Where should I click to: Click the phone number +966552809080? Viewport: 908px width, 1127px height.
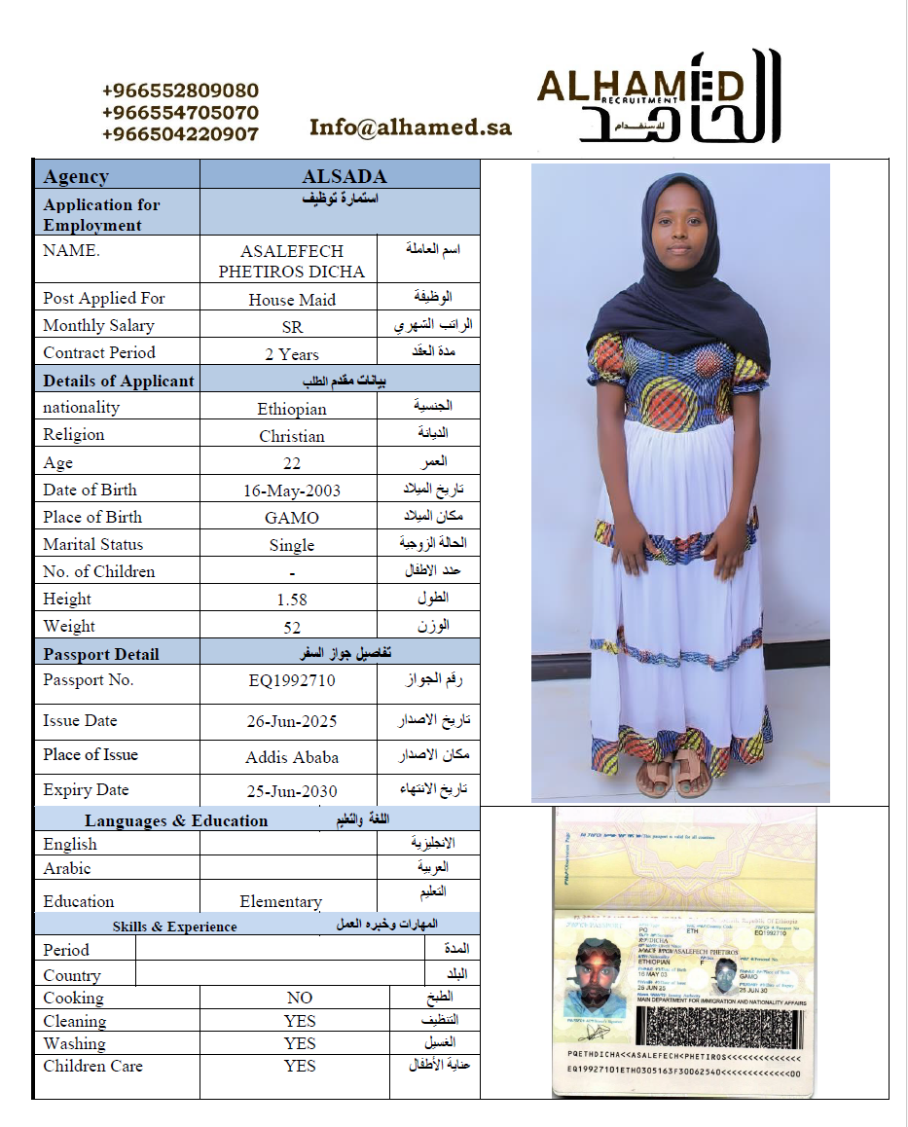pyautogui.click(x=180, y=91)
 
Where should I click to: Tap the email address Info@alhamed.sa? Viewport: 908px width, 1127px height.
pyautogui.click(x=410, y=127)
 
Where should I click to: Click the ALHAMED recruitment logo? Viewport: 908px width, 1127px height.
pyautogui.click(x=659, y=98)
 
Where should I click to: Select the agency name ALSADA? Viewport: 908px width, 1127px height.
pyautogui.click(x=345, y=176)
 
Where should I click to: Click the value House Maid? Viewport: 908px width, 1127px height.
pyautogui.click(x=292, y=300)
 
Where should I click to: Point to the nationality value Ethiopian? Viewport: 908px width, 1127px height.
pyautogui.click(x=292, y=409)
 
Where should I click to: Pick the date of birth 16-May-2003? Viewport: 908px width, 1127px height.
pyautogui.click(x=292, y=491)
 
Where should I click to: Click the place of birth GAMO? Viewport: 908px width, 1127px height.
pyautogui.click(x=292, y=518)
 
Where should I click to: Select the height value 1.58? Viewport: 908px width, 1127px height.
pyautogui.click(x=292, y=600)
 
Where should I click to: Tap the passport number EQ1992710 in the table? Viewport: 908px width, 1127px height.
pyautogui.click(x=292, y=680)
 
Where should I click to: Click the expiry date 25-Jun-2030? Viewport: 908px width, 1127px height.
pyautogui.click(x=292, y=791)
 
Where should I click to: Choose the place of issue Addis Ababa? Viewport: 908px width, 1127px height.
pyautogui.click(x=292, y=757)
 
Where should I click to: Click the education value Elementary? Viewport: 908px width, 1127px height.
pyautogui.click(x=280, y=901)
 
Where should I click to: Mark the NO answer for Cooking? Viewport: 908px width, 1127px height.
pyautogui.click(x=300, y=998)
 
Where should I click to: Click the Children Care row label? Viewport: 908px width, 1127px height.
pyautogui.click(x=92, y=1066)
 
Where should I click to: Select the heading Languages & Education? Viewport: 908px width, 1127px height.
pyautogui.click(x=176, y=820)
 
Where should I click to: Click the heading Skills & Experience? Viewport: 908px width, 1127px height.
pyautogui.click(x=174, y=927)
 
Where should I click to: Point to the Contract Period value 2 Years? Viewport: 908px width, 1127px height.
pyautogui.click(x=292, y=354)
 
